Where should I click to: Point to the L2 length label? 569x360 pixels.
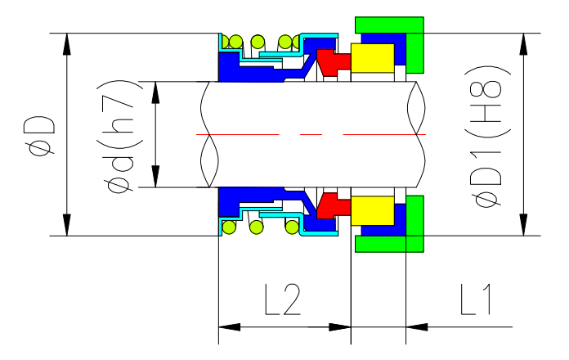[x=283, y=301]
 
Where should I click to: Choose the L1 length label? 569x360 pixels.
[x=474, y=301]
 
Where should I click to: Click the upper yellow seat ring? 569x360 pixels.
[x=372, y=57]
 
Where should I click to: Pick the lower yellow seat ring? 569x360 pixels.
[x=372, y=211]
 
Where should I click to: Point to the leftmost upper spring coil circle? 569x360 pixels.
[x=235, y=41]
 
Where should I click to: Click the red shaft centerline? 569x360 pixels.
[x=311, y=133]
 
